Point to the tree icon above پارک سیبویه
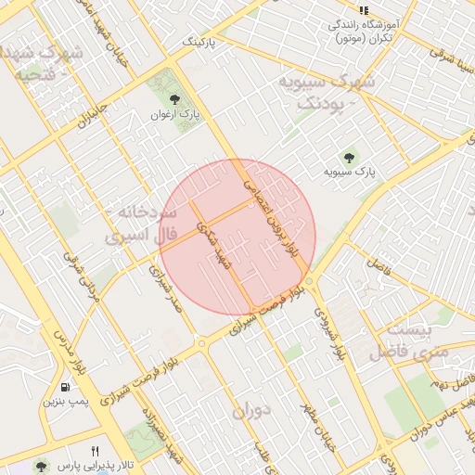(x=349, y=158)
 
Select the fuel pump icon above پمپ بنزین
(x=64, y=387)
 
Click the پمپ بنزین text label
(x=64, y=403)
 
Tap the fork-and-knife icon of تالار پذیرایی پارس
(x=95, y=451)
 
